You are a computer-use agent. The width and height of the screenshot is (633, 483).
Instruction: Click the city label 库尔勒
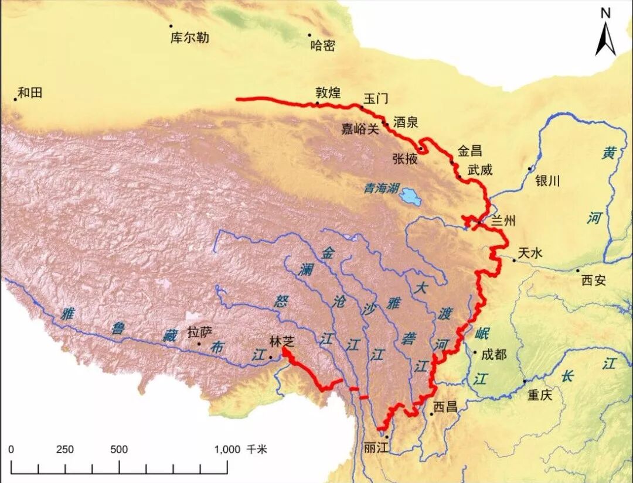[x=189, y=38]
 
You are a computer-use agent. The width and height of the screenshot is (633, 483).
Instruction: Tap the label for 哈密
[x=322, y=46]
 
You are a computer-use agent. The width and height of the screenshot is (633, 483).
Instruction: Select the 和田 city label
[x=30, y=93]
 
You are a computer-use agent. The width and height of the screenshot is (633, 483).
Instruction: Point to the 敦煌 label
[x=328, y=93]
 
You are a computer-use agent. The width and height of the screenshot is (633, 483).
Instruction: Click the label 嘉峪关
[x=360, y=129]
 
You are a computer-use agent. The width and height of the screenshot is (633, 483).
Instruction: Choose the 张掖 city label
[x=406, y=158]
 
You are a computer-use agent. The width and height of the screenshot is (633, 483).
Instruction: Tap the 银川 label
[x=548, y=180]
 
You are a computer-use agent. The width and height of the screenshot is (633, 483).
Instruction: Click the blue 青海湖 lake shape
[x=410, y=198]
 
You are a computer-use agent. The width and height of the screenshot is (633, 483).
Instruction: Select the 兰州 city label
[x=503, y=221]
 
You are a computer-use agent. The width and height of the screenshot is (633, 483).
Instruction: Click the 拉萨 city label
[x=198, y=332]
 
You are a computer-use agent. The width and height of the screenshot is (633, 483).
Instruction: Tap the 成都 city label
[x=493, y=354]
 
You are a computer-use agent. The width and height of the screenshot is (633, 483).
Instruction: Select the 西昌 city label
[x=445, y=406]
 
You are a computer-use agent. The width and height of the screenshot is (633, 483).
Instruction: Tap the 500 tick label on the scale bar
[x=119, y=449]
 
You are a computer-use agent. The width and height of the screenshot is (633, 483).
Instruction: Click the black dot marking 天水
[x=514, y=260]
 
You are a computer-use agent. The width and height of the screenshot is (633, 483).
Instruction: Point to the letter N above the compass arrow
[x=605, y=12]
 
